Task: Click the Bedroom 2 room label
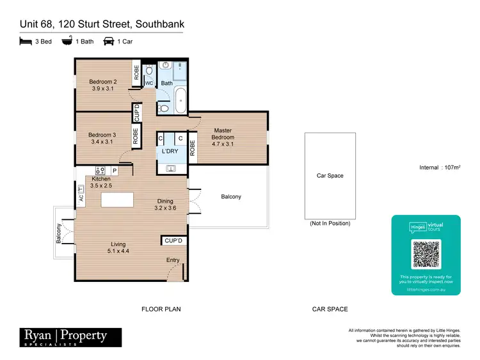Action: [102, 82]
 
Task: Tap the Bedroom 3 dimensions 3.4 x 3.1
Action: [102, 142]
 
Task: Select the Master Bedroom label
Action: [223, 134]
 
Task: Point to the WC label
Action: [149, 83]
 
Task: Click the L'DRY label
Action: [170, 151]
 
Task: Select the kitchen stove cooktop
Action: [100, 170]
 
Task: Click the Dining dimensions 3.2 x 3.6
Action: [164, 208]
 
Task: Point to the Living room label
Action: [118, 244]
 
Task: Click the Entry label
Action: [173, 260]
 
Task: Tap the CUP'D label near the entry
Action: [173, 240]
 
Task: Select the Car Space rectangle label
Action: [330, 176]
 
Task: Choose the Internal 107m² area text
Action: [439, 168]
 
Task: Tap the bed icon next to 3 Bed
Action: [25, 42]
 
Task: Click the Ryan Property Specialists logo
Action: [63, 336]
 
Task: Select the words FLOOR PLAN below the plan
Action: [161, 309]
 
